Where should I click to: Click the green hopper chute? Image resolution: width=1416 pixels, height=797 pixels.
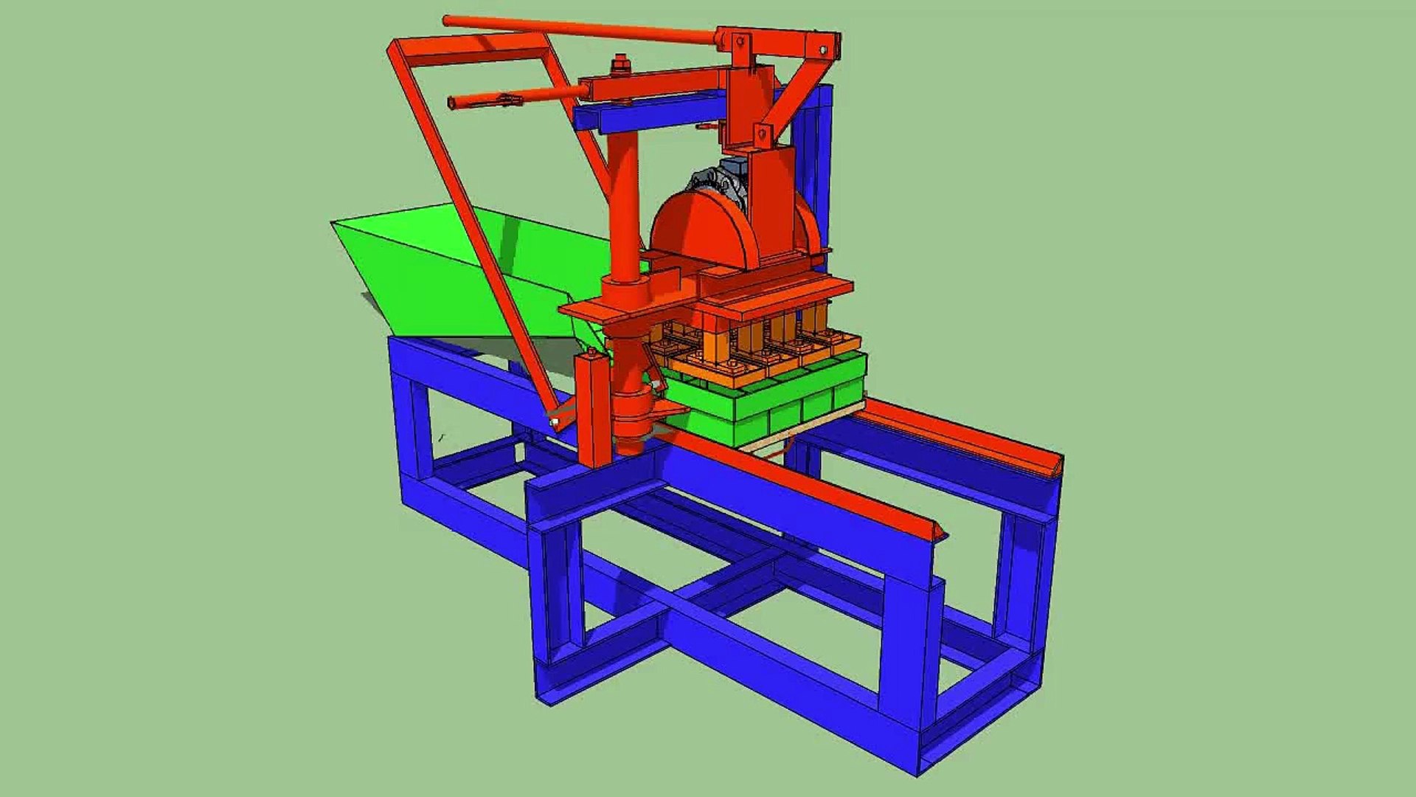pos(457,273)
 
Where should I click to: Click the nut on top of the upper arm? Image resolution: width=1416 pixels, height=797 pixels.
pos(618,65)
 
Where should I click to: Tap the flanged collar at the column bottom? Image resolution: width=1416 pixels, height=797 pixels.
pos(633,421)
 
